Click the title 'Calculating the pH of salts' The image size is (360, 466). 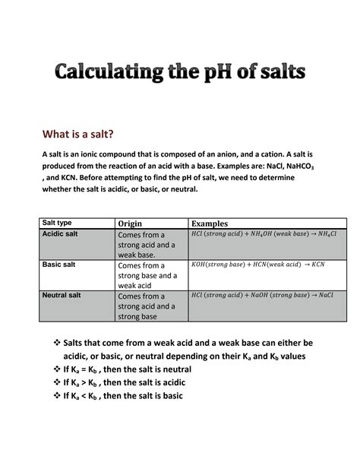click(x=179, y=74)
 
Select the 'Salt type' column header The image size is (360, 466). click(x=58, y=223)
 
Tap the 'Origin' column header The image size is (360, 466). click(x=131, y=223)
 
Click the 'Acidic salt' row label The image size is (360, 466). click(x=60, y=234)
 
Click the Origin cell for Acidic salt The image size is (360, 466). click(x=146, y=245)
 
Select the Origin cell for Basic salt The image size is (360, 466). click(x=146, y=275)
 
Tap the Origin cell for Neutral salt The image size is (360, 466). click(x=146, y=306)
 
